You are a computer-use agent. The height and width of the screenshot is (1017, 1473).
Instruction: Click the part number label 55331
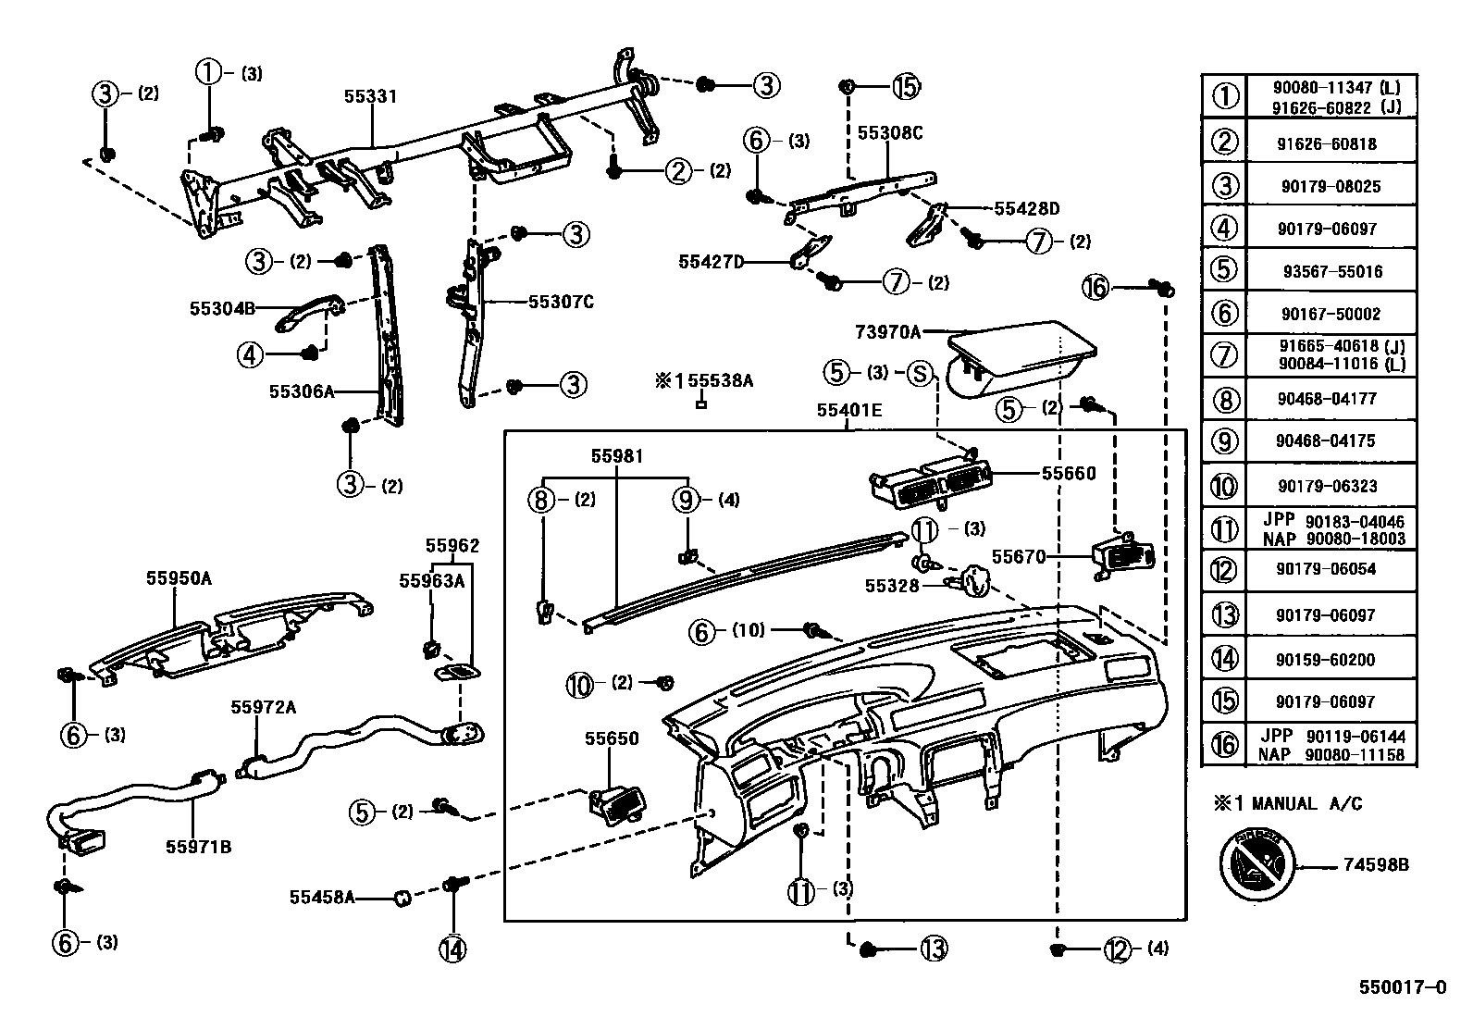(370, 96)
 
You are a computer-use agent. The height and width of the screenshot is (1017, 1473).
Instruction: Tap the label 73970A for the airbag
(887, 331)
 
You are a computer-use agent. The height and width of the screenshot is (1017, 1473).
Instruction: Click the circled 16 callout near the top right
(1095, 288)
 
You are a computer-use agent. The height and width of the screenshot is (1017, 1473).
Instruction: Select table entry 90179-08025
(1331, 186)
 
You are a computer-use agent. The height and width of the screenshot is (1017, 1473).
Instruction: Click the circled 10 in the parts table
(1223, 486)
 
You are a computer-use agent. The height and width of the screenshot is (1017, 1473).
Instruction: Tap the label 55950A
(179, 578)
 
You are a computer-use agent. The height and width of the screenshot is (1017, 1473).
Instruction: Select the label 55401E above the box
(848, 410)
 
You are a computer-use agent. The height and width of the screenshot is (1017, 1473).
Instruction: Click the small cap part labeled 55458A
(402, 897)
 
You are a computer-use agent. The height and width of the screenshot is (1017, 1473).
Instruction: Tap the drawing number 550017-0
(1401, 986)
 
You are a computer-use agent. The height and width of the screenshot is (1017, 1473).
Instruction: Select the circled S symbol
(919, 373)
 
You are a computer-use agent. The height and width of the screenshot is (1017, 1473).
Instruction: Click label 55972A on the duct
(263, 707)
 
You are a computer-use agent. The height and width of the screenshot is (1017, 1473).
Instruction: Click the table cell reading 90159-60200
(1331, 660)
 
